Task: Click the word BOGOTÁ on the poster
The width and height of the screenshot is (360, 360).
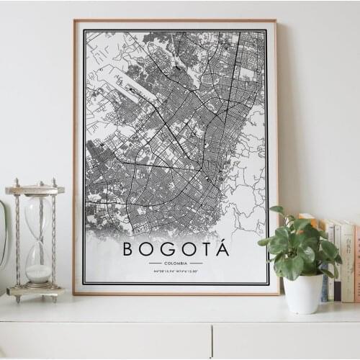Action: coord(176,249)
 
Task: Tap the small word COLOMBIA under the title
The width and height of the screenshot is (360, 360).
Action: coord(176,264)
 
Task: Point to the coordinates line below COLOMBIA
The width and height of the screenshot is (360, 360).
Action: coord(176,271)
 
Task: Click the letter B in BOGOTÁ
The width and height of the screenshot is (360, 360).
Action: coord(128,250)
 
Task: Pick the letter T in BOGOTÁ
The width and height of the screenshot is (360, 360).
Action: coord(204,250)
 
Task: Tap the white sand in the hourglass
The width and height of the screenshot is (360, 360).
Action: coord(38,273)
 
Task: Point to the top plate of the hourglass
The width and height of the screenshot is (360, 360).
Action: coord(35,190)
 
